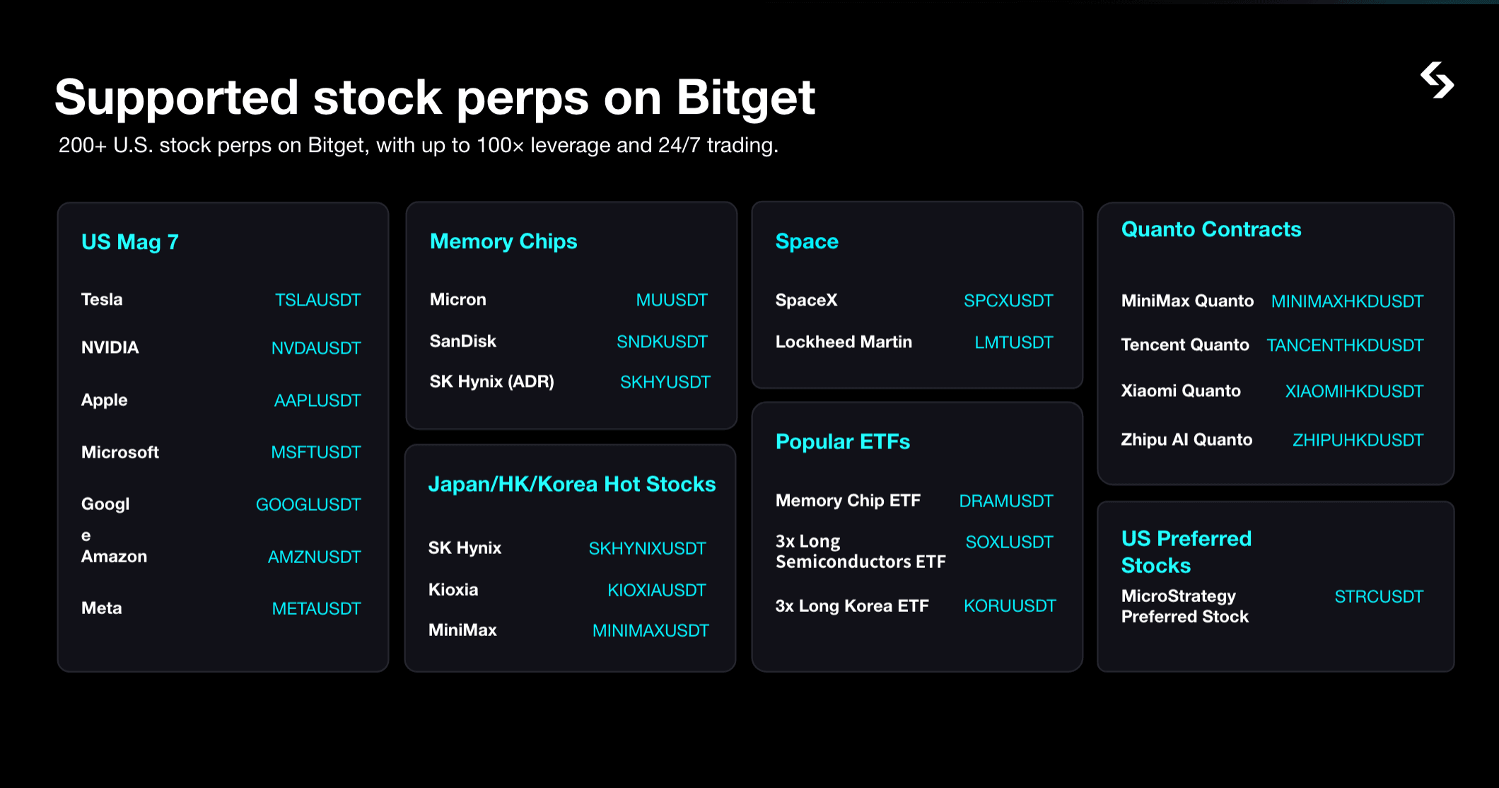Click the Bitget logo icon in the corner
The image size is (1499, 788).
(1437, 81)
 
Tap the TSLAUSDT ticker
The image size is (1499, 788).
(317, 300)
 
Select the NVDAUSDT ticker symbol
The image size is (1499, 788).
(316, 348)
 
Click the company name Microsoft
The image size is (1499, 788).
(120, 452)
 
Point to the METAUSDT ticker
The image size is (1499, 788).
(316, 608)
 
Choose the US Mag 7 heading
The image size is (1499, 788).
(130, 242)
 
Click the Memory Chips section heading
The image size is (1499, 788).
(503, 241)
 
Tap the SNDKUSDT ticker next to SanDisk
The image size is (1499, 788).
(662, 342)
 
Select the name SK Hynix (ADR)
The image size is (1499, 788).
(492, 382)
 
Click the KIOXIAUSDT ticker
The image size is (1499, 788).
(657, 590)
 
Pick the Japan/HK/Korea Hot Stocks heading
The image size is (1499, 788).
(572, 484)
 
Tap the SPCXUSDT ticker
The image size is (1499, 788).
(1008, 301)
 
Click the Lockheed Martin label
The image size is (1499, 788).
(844, 342)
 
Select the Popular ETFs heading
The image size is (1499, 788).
(843, 441)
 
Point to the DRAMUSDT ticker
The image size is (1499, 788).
(1006, 501)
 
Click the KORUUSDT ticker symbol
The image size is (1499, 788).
(1010, 606)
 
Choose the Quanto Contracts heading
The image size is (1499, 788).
(1211, 229)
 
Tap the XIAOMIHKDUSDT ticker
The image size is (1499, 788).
(1354, 391)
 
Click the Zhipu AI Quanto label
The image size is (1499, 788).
(1186, 440)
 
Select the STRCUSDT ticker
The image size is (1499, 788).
(1379, 596)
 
